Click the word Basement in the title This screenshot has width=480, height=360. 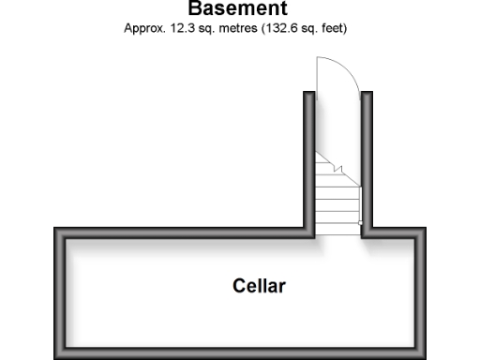coord(236,9)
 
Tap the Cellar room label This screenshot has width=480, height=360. coord(259,286)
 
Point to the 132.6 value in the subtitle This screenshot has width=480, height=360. coord(285,29)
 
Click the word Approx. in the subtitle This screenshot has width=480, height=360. coord(145,29)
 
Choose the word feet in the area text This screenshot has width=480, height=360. coord(334,29)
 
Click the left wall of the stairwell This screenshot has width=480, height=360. coord(309,159)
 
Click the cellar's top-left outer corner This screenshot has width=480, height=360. coord(56,230)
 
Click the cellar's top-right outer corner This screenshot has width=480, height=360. coord(427,230)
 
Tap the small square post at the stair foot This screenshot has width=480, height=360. coord(360,223)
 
